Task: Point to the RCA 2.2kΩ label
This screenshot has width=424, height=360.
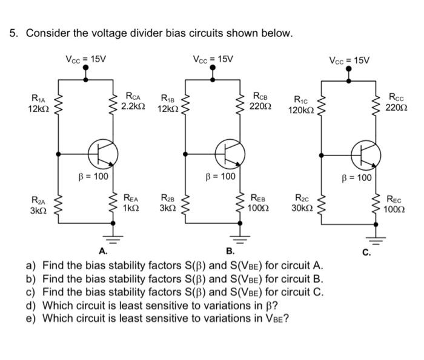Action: coord(132,101)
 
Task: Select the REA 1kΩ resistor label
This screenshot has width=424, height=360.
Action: coord(131,202)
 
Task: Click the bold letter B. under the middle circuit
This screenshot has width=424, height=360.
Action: coord(230,251)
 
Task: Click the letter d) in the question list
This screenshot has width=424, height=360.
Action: coord(30,304)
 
